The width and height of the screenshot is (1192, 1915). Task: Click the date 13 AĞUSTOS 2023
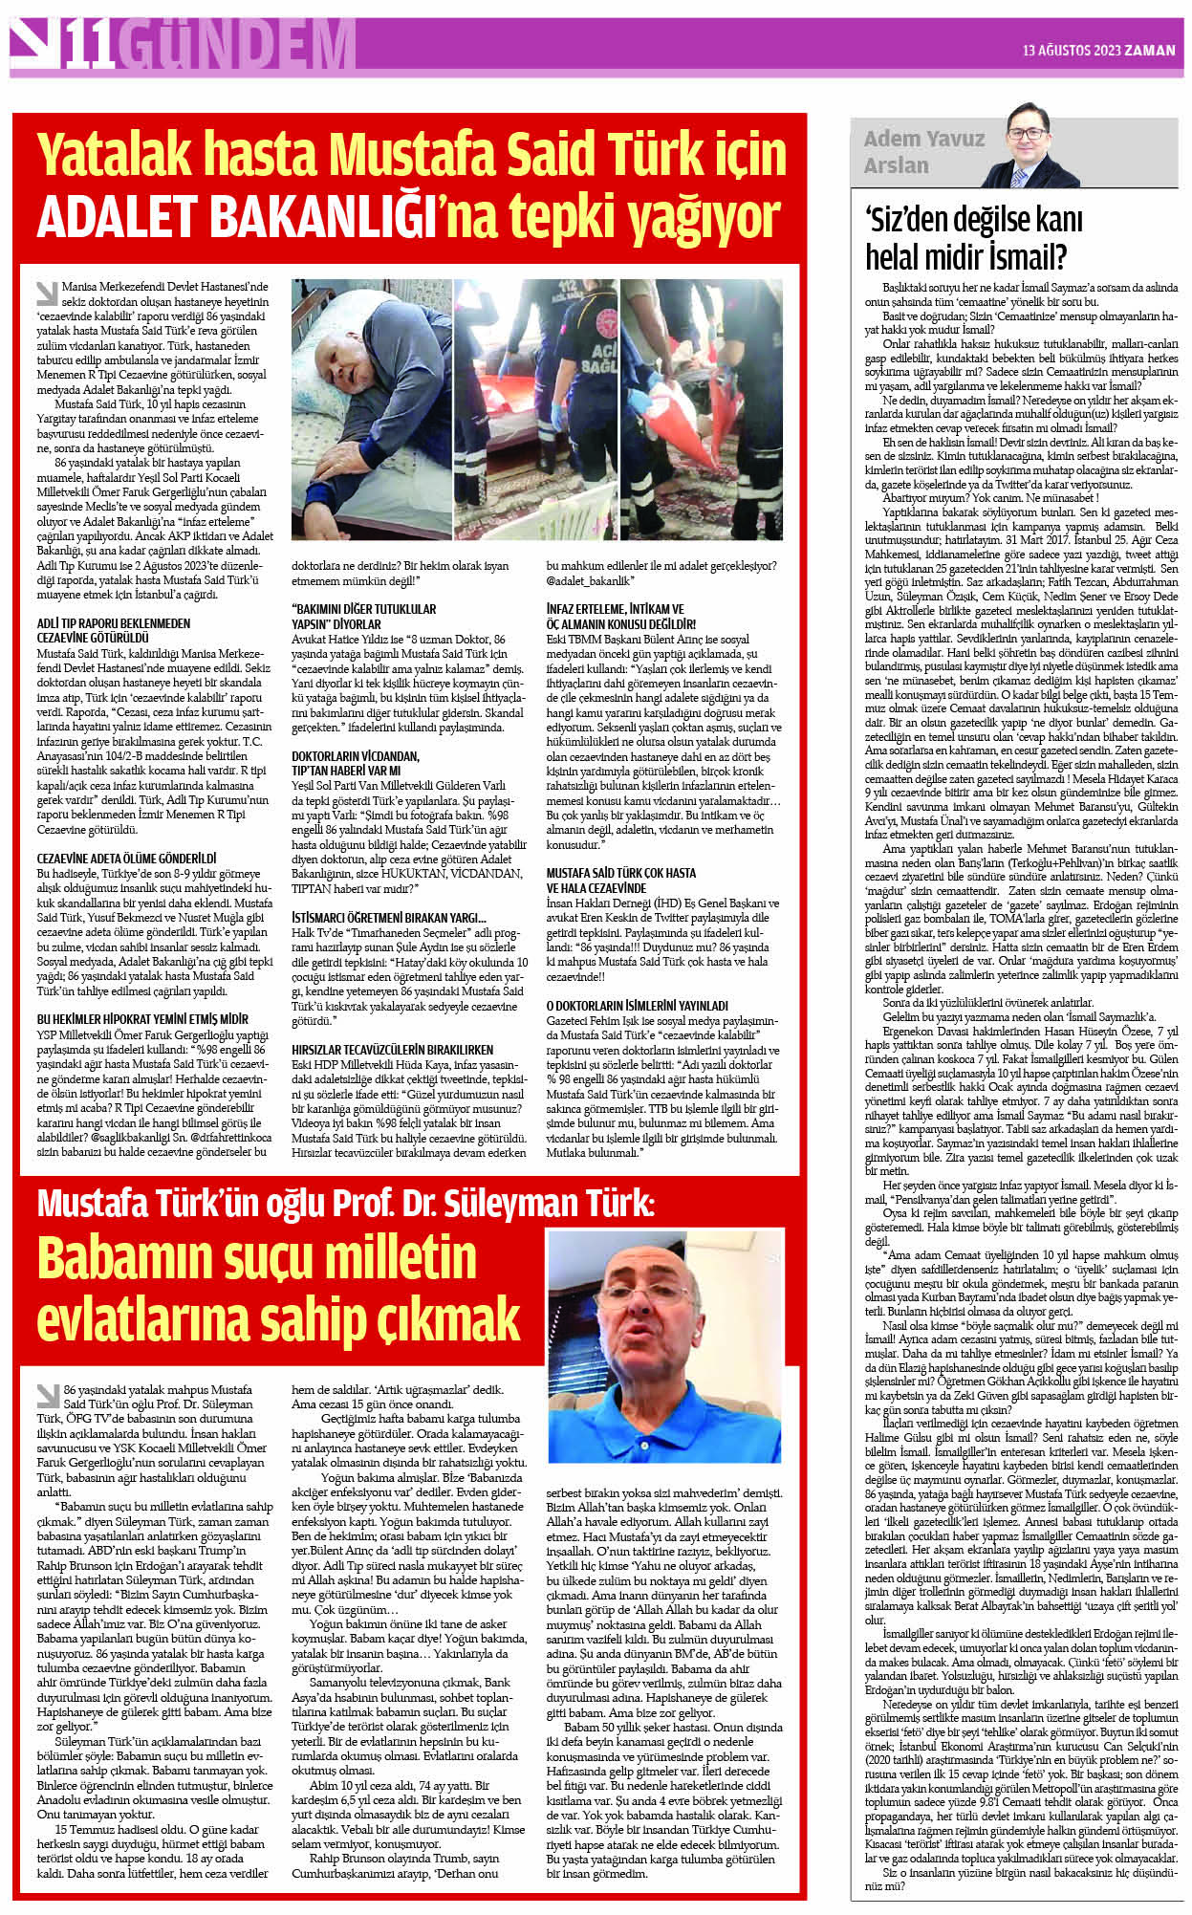click(1071, 51)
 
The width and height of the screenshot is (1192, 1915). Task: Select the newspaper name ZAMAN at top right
click(1149, 51)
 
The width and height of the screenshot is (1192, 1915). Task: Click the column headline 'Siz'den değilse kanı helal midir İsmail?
click(973, 238)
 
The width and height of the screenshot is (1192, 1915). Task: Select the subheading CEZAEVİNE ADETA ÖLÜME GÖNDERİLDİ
click(126, 859)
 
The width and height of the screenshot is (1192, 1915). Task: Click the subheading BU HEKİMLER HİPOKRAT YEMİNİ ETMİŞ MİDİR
click(141, 1018)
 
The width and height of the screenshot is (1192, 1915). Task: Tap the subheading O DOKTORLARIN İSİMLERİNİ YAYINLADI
click(637, 1006)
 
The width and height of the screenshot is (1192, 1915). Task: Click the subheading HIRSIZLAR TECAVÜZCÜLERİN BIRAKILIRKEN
click(392, 1049)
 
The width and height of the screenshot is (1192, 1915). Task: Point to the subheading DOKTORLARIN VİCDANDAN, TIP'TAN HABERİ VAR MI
click(355, 762)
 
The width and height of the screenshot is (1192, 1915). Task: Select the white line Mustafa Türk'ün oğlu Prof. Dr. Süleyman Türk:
click(345, 1202)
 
